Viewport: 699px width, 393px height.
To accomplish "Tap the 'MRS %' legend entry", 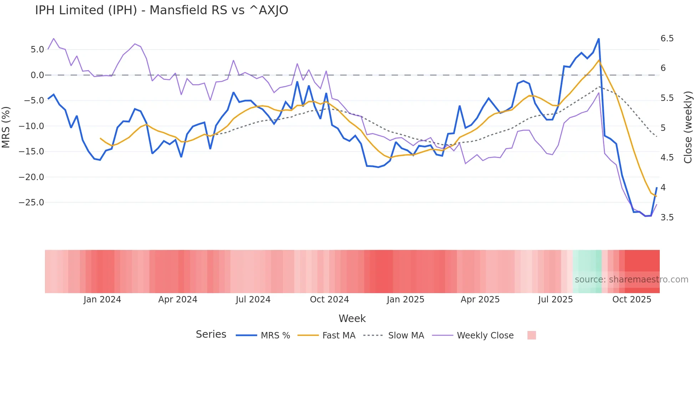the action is point(275,336).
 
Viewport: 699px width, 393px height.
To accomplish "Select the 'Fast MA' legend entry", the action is point(338,336).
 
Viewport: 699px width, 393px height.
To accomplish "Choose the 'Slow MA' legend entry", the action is point(406,336).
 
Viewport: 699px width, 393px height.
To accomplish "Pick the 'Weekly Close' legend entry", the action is point(485,336).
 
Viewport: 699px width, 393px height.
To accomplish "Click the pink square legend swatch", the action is point(531,335).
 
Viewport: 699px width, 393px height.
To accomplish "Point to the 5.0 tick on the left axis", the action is point(37,50).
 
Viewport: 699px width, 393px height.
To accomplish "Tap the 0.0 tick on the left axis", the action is point(37,75).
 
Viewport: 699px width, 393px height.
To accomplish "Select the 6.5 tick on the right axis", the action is point(667,39).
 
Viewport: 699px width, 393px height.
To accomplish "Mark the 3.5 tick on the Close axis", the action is point(667,218).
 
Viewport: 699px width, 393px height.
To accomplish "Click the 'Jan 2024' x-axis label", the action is point(102,300).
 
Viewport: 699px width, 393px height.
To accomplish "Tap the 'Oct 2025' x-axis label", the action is point(632,300).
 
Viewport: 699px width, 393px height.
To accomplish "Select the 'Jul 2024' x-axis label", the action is point(253,300).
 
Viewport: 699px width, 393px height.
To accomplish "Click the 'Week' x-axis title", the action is point(352,318).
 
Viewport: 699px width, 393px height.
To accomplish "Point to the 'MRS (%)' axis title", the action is point(6,127).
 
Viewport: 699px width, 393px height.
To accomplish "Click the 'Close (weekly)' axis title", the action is point(688,127).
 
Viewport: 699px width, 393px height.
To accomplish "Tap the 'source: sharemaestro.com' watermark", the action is point(631,280).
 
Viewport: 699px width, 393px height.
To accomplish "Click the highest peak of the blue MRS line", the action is point(598,39).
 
